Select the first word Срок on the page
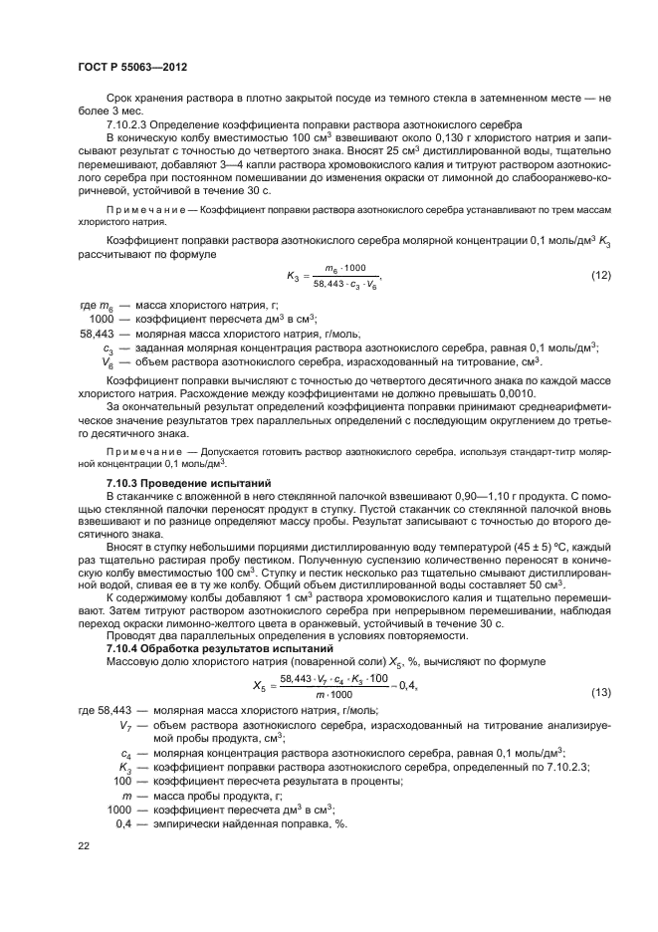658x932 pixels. [x=120, y=98]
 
